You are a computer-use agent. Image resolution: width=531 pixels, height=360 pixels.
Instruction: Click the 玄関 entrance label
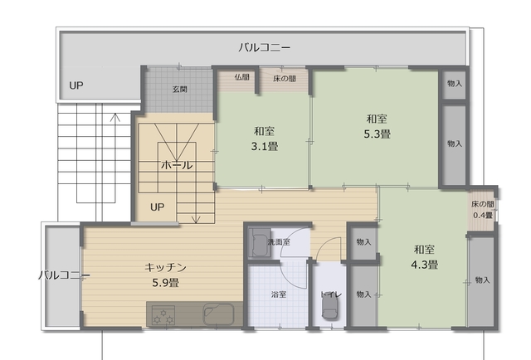[x=180, y=90]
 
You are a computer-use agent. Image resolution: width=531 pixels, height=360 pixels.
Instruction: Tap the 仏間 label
[x=241, y=77]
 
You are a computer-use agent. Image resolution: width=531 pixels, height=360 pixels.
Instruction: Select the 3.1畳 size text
[x=265, y=146]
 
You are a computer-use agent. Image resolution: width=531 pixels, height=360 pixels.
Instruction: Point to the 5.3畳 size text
[x=378, y=134]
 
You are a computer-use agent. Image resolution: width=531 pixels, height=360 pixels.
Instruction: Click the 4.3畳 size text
[x=425, y=265]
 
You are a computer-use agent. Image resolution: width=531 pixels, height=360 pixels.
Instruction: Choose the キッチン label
[x=166, y=268]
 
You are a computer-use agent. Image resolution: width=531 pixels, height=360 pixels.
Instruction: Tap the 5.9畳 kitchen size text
[x=166, y=283]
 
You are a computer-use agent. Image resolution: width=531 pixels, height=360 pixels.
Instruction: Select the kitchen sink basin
[x=218, y=314]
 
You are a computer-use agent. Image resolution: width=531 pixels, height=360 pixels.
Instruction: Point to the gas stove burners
[x=163, y=315]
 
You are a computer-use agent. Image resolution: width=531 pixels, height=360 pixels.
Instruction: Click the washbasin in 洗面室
[x=260, y=242]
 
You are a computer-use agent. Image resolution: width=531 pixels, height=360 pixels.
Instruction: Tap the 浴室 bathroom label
[x=279, y=294]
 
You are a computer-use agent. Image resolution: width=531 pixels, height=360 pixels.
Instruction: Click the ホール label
[x=177, y=165]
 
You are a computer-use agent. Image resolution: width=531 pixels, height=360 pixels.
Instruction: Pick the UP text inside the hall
[x=157, y=207]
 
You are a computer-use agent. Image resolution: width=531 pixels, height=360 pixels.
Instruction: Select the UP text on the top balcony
[x=76, y=85]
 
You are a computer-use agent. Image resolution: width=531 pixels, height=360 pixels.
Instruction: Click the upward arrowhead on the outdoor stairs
[x=115, y=117]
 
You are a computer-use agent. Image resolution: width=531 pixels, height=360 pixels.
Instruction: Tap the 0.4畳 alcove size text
[x=483, y=215]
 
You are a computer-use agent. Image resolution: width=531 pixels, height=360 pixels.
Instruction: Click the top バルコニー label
[x=264, y=47]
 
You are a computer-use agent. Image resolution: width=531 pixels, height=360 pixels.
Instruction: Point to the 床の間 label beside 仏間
[x=285, y=79]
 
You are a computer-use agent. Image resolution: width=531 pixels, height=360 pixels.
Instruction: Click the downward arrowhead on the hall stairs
[x=196, y=220]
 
